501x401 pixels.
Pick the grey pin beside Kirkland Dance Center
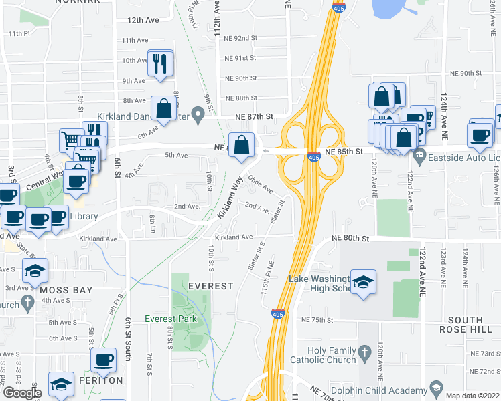(197, 115)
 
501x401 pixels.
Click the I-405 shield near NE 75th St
(277, 314)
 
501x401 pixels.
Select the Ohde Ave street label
(261, 185)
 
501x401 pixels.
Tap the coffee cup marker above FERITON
(103, 361)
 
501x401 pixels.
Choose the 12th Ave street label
(143, 21)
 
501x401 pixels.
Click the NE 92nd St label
(241, 39)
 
